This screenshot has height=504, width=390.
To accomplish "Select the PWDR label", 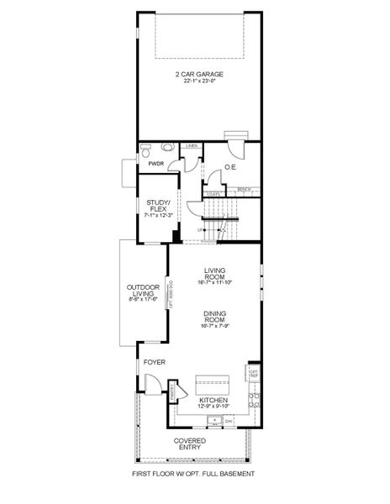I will point(156,164).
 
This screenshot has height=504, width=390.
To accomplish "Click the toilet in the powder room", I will point(145,151).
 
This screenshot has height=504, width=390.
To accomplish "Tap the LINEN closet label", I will point(192,147).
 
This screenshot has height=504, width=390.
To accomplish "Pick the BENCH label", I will point(245,189).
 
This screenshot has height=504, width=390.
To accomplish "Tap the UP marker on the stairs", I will point(199,228).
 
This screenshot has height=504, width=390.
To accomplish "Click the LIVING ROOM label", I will point(217,274).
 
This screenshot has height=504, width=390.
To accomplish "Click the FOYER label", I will point(154,362).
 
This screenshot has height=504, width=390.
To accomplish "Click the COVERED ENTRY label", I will point(190,444).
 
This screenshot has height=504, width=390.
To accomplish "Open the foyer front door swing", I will point(154,386).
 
